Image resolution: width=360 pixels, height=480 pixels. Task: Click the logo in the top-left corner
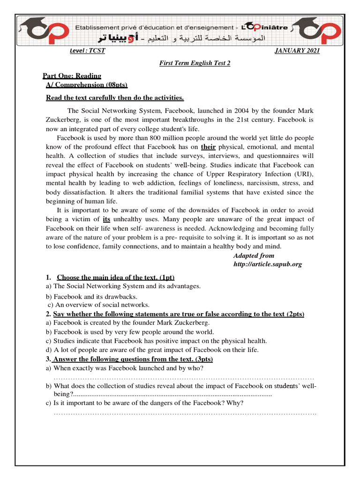39,32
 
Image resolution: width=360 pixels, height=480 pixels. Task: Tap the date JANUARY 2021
297,51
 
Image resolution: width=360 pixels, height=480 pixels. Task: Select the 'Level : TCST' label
87,51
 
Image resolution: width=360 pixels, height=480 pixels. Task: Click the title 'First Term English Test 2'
195,63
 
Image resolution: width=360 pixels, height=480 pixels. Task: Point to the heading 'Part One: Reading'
72,76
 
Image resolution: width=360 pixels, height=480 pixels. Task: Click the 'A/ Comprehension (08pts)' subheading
87,85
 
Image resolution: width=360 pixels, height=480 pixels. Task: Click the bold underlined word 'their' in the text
208,147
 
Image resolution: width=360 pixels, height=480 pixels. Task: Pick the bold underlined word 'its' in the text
106,219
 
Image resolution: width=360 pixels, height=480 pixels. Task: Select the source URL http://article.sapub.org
268,264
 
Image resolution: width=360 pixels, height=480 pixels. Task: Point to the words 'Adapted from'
254,255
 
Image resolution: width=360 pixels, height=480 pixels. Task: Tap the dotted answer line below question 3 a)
184,378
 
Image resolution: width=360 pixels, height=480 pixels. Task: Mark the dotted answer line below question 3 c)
185,413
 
